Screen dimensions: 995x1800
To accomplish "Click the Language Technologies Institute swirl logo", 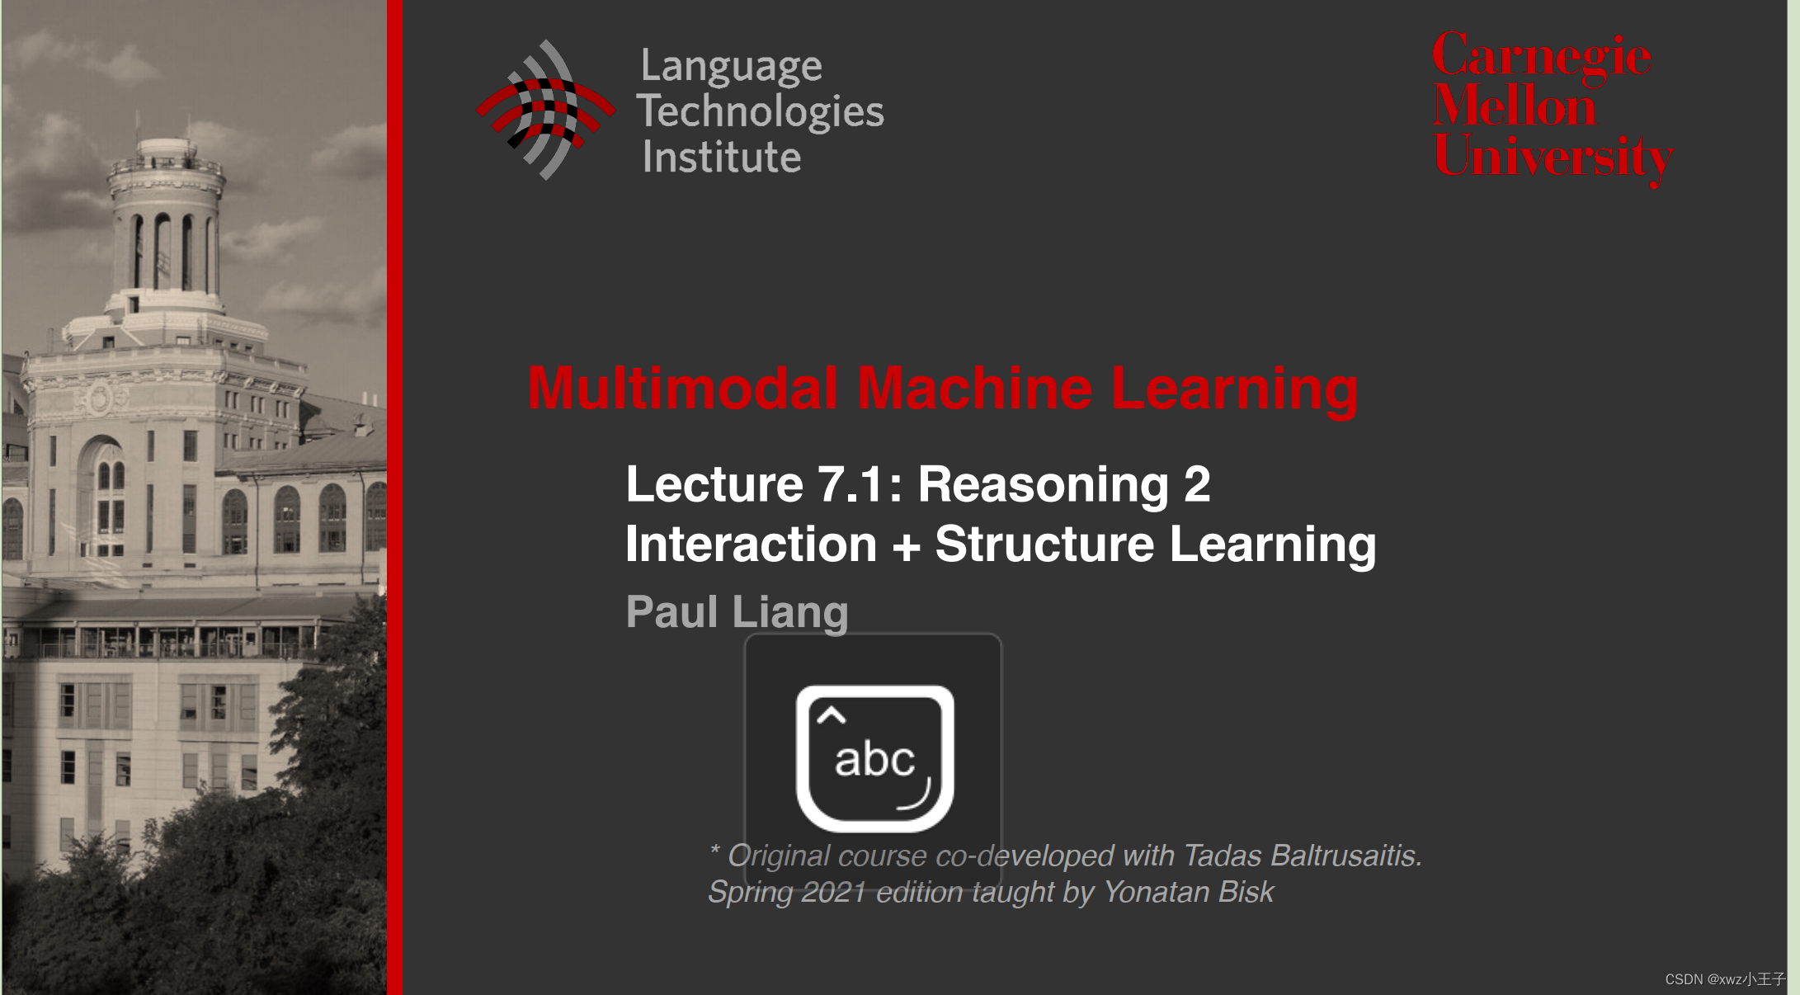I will pyautogui.click(x=545, y=110).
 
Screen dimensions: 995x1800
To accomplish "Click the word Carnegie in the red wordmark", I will pyautogui.click(x=1541, y=56).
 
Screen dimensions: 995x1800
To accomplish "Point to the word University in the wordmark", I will pyautogui.click(x=1553, y=157).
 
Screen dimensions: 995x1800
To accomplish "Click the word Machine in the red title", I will pyautogui.click(x=974, y=389).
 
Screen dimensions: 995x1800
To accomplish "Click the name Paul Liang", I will pyautogui.click(x=737, y=612).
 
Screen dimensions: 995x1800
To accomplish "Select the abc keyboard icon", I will pyautogui.click(x=874, y=758).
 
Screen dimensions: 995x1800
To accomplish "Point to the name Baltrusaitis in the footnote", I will pyautogui.click(x=1345, y=856).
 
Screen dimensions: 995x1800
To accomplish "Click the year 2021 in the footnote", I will pyautogui.click(x=833, y=892).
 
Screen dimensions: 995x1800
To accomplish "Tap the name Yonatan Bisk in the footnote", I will pyautogui.click(x=1188, y=892).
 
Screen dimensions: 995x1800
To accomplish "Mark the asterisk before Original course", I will pyautogui.click(x=714, y=850).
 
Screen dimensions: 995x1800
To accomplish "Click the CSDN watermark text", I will pyautogui.click(x=1724, y=979).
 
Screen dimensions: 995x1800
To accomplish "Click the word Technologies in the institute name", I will pyautogui.click(x=760, y=111).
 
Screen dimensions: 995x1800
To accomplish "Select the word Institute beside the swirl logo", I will pyautogui.click(x=721, y=157).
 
